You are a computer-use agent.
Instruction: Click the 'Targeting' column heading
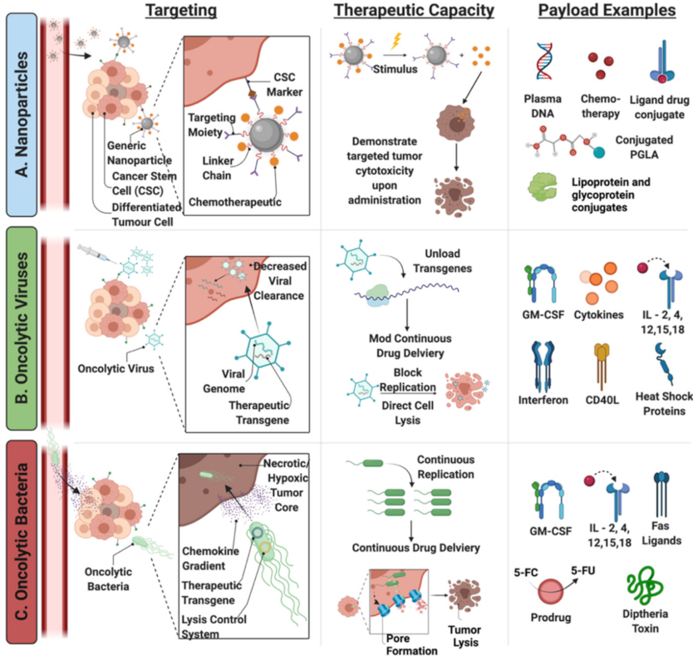(182, 11)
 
